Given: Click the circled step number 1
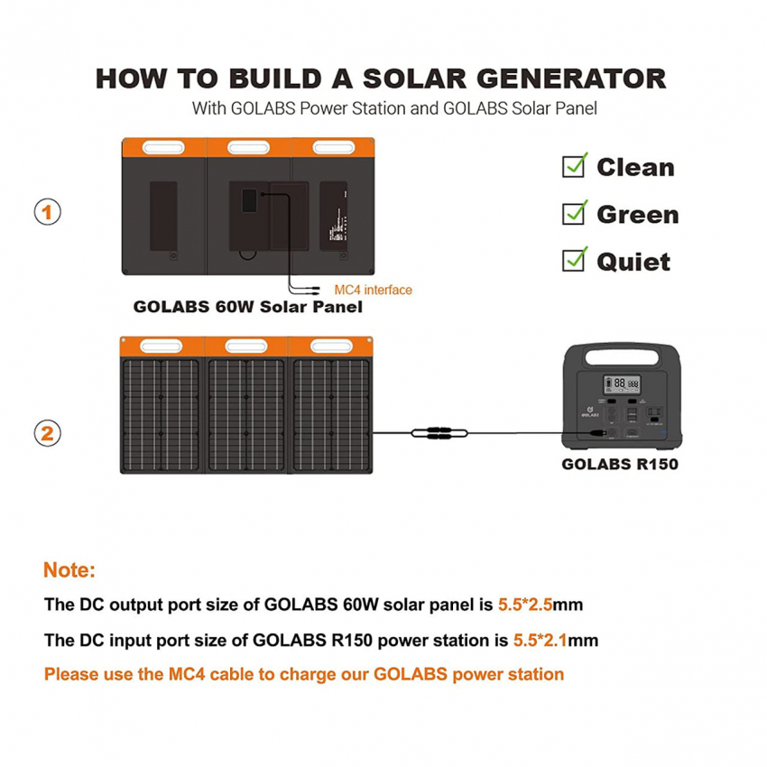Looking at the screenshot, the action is (x=48, y=212).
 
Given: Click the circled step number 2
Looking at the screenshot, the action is (x=48, y=433).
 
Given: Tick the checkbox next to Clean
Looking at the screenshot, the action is (x=574, y=166).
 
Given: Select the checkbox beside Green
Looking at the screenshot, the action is (x=574, y=213).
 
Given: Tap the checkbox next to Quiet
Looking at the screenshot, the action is (x=574, y=260).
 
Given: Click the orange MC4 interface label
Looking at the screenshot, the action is (x=373, y=290).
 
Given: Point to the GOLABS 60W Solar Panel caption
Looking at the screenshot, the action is (x=248, y=307).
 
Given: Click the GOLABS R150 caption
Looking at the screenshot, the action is (x=620, y=464).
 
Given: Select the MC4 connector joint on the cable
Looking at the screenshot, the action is (x=439, y=433).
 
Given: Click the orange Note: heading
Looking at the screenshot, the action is (x=69, y=570).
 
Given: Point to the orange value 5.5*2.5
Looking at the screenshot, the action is (x=525, y=605).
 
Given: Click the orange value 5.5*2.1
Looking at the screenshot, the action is (x=540, y=641).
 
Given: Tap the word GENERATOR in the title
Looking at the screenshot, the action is (x=571, y=79).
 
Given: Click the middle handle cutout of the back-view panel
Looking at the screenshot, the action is (x=248, y=147).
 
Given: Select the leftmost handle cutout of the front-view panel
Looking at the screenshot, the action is (x=161, y=347).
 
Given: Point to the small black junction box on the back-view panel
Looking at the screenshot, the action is (x=249, y=200).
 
